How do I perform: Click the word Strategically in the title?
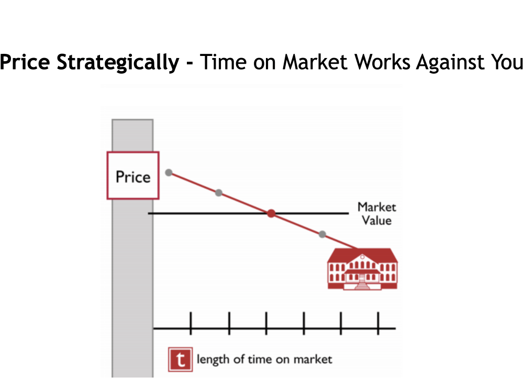(x=118, y=63)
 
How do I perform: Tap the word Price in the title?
(x=25, y=62)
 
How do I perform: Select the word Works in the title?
(x=382, y=62)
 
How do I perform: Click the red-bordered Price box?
(x=133, y=176)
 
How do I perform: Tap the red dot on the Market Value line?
(x=271, y=213)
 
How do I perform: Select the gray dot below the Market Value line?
(x=322, y=234)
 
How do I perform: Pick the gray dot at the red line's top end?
(x=169, y=173)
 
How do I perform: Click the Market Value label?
(x=376, y=214)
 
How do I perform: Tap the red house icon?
(x=362, y=269)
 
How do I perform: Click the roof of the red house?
(x=362, y=255)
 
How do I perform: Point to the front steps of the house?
(x=362, y=286)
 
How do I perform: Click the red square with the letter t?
(x=181, y=360)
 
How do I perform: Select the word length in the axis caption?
(x=213, y=360)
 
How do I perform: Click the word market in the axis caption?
(x=313, y=359)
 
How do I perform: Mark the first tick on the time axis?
(x=191, y=323)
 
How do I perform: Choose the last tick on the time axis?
(x=378, y=323)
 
